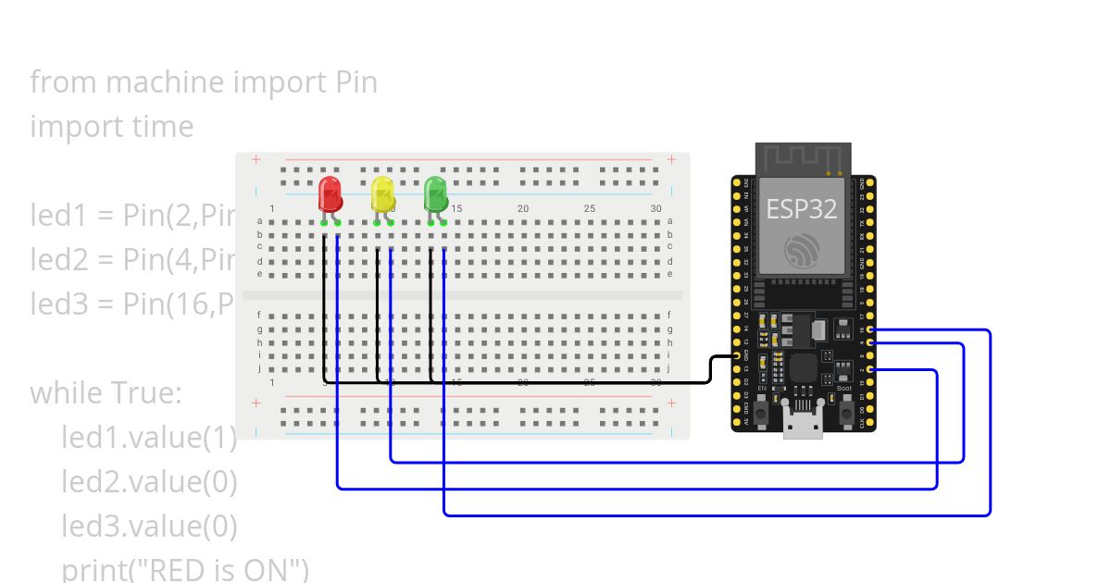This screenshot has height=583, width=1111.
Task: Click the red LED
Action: [x=330, y=194]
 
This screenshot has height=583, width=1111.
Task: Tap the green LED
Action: [x=436, y=194]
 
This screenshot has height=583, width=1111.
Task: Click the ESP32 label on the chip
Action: [x=801, y=209]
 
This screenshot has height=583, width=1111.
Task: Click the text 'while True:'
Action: [x=106, y=393]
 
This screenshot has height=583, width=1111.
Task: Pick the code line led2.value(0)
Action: [x=149, y=482]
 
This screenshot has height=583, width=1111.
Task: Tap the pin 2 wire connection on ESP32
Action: [x=874, y=370]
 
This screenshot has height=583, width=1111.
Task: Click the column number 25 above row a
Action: [x=590, y=209]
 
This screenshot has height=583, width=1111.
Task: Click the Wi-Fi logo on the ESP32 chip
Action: [x=801, y=251]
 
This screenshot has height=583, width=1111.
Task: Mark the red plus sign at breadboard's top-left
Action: [x=256, y=160]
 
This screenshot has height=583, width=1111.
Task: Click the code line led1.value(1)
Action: [x=149, y=438]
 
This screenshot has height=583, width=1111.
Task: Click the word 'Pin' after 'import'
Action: [x=355, y=82]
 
